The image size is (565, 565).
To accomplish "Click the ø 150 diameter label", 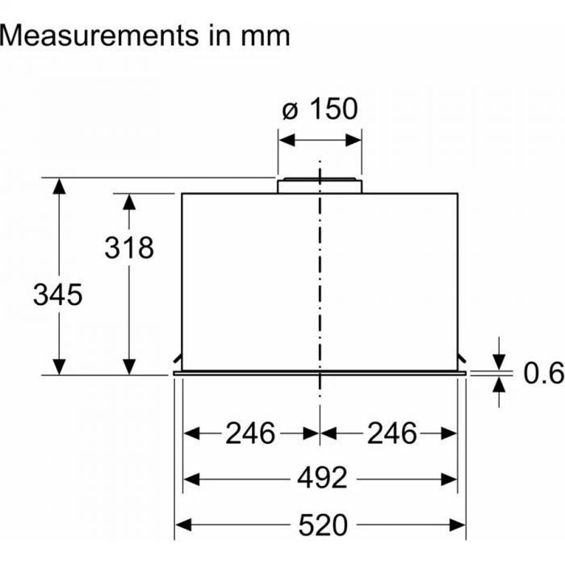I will click(x=320, y=108).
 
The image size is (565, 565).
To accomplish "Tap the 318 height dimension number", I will click(x=129, y=248).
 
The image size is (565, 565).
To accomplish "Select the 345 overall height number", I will click(x=57, y=295).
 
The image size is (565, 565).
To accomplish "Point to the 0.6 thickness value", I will click(x=542, y=372).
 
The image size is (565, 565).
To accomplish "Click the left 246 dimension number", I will click(x=249, y=433).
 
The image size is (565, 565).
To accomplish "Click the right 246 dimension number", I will click(x=392, y=433).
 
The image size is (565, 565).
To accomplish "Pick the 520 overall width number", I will click(x=323, y=525).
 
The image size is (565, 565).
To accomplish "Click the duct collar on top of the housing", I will click(x=320, y=186).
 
